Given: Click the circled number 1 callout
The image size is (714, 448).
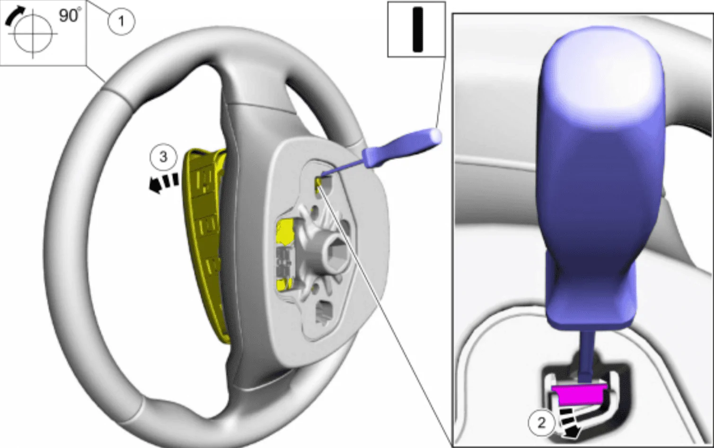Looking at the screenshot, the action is [121, 21].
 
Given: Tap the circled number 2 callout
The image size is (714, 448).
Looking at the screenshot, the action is [542, 423].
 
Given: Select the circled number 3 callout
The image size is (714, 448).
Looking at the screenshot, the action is [163, 157].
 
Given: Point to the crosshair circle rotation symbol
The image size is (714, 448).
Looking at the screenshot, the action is [33, 34].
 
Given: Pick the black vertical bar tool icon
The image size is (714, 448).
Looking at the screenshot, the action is [417, 29].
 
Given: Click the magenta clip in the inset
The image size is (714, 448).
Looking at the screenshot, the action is [579, 395].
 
